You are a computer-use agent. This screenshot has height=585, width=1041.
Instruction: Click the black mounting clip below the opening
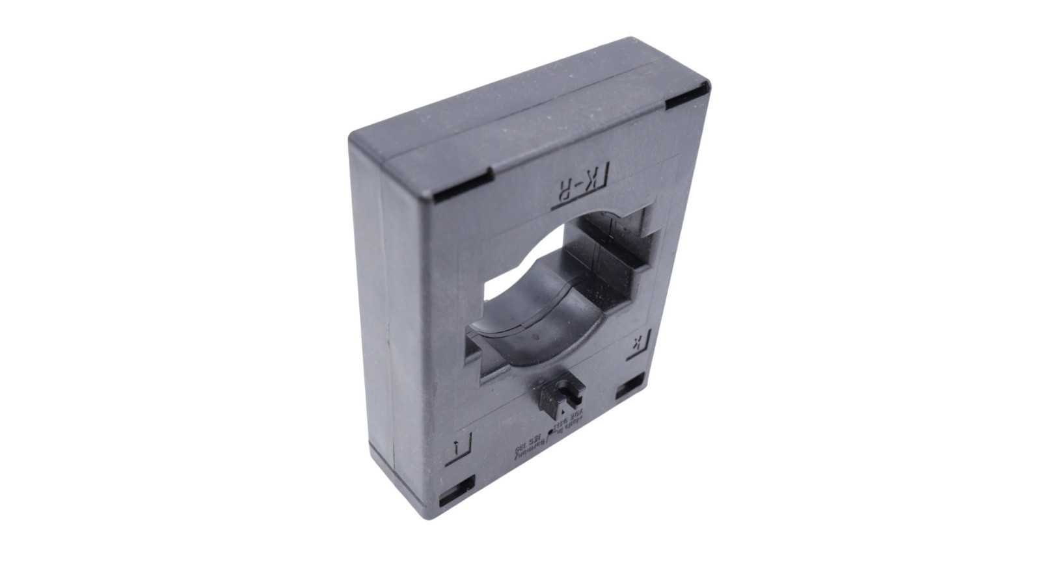pos(562,396)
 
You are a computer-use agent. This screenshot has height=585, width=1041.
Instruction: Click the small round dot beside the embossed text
pos(550,431)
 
